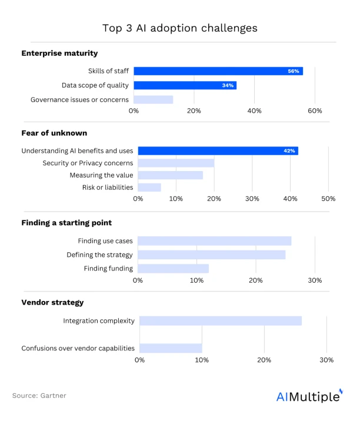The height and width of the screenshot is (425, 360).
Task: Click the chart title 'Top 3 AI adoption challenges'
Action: tap(179, 28)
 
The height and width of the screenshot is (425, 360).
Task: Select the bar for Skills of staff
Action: tap(218, 71)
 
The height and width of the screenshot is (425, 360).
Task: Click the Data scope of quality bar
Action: tap(185, 85)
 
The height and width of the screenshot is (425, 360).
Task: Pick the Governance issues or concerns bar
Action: tap(154, 99)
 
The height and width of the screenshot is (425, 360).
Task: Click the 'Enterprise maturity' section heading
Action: tap(59, 53)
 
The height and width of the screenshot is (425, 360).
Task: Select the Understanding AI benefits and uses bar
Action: tap(218, 150)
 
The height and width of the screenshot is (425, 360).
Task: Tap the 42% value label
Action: tap(289, 151)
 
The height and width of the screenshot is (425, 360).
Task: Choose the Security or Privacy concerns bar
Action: tap(176, 163)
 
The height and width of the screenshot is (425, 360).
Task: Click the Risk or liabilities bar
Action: tap(149, 188)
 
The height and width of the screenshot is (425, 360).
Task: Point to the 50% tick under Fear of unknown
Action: tap(328, 199)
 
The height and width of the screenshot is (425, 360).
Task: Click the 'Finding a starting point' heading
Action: tap(66, 223)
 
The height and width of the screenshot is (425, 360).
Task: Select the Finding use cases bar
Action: tap(214, 241)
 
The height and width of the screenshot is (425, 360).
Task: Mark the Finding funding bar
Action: tap(173, 269)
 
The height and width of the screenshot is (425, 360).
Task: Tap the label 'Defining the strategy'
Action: tap(99, 255)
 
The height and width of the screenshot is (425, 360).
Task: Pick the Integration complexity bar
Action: tap(221, 320)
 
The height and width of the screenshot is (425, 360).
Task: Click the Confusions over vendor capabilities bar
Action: tap(171, 348)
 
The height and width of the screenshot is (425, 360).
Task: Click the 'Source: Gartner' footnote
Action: tap(39, 396)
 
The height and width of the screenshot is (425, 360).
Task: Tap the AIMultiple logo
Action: tap(309, 396)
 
